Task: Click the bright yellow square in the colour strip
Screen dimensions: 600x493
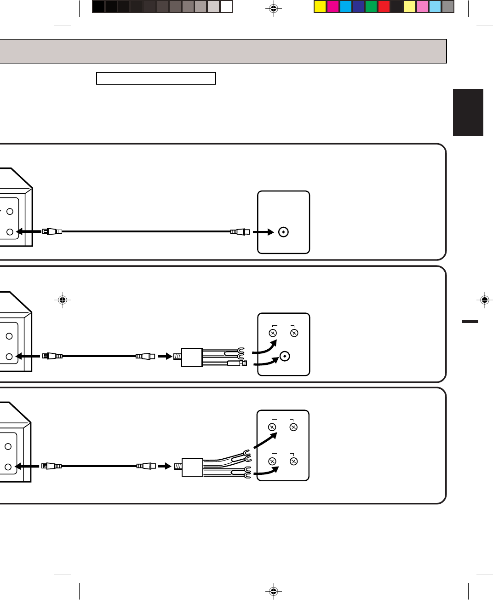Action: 320,6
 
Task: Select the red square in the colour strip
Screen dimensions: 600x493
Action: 384,6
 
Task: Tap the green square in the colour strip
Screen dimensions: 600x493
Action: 371,6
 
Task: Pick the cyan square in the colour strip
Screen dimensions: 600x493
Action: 346,6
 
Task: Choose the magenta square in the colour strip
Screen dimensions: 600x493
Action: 333,6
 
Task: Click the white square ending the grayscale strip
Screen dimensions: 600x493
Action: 226,6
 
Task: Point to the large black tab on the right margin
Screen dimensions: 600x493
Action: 468,112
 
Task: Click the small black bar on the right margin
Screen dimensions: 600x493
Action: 470,321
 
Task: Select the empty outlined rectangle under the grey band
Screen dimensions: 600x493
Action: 156,78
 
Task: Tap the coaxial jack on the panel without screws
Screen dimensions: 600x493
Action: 284,232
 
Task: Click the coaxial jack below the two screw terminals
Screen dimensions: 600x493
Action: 285,356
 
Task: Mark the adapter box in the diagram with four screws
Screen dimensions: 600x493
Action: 192,467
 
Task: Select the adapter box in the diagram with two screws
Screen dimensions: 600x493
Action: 192,357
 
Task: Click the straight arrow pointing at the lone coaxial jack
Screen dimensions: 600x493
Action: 264,232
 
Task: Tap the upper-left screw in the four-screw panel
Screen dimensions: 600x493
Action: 272,427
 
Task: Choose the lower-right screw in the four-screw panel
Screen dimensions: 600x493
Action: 293,461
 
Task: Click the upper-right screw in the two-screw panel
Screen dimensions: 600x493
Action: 294,333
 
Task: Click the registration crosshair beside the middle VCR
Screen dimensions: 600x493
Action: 63,300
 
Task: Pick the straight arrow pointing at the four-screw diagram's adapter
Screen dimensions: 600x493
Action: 164,466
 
